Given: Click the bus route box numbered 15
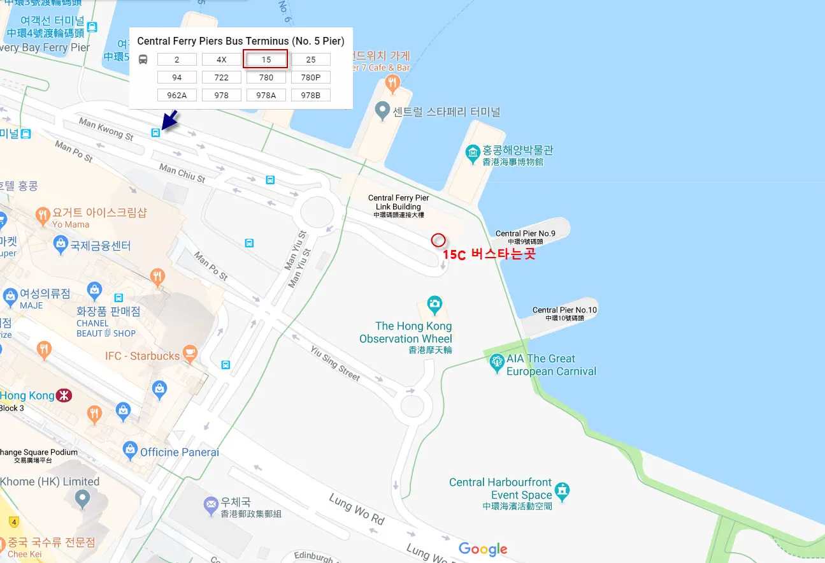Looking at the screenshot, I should pyautogui.click(x=266, y=59).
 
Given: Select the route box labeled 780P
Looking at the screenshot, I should pyautogui.click(x=311, y=77).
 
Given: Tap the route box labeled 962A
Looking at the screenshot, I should pyautogui.click(x=177, y=95).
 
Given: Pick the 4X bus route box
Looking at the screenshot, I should pyautogui.click(x=222, y=59).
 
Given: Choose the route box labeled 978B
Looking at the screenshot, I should pyautogui.click(x=311, y=95).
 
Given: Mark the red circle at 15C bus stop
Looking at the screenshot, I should pyautogui.click(x=438, y=240).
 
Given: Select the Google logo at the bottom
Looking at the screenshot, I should pyautogui.click(x=483, y=549).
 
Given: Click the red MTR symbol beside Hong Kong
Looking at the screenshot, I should pyautogui.click(x=64, y=395).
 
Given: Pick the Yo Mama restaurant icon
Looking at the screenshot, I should pyautogui.click(x=43, y=214).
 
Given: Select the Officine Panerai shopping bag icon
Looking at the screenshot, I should pyautogui.click(x=130, y=450).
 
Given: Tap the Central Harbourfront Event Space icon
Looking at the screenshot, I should pyautogui.click(x=562, y=490).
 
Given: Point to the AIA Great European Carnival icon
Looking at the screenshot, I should pyautogui.click(x=497, y=363).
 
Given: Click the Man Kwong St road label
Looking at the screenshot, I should pyautogui.click(x=106, y=128).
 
